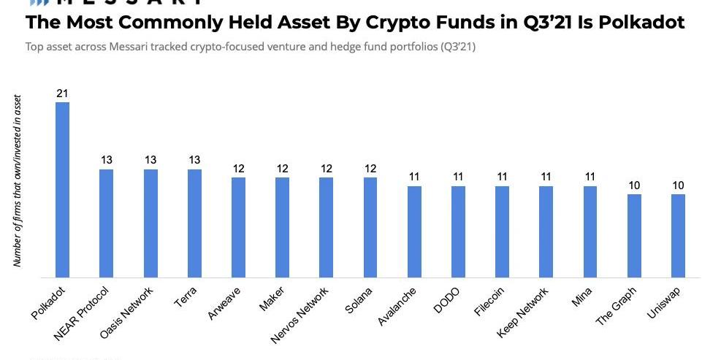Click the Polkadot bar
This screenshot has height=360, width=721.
pyautogui.click(x=63, y=190)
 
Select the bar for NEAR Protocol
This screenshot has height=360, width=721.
pyautogui.click(x=107, y=223)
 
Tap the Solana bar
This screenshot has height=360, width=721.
pyautogui.click(x=370, y=227)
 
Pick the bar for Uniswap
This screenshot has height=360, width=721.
pyautogui.click(x=678, y=235)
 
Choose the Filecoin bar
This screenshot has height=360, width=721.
pyautogui.click(x=502, y=231)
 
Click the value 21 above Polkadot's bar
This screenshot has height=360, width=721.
pyautogui.click(x=63, y=93)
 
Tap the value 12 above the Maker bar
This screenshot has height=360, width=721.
pyautogui.click(x=282, y=169)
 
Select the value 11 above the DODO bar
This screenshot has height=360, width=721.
pyautogui.click(x=458, y=177)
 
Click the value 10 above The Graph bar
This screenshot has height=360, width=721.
pyautogui.click(x=634, y=185)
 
